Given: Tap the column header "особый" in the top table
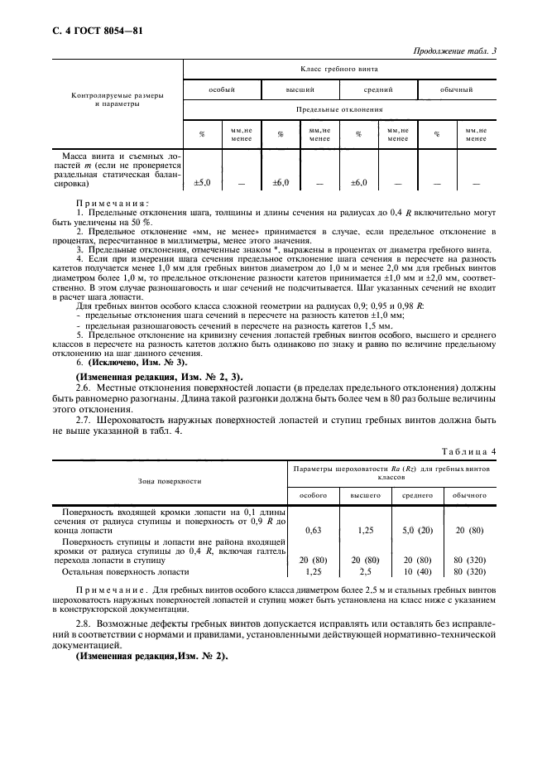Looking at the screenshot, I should [x=221, y=89].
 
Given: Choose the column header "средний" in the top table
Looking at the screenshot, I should [x=378, y=89].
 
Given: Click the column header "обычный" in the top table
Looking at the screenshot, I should [x=456, y=89].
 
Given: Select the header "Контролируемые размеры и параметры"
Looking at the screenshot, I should [x=117, y=100].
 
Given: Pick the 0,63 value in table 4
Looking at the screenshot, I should [x=314, y=530].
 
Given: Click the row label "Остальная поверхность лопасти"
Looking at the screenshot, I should [x=126, y=571].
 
